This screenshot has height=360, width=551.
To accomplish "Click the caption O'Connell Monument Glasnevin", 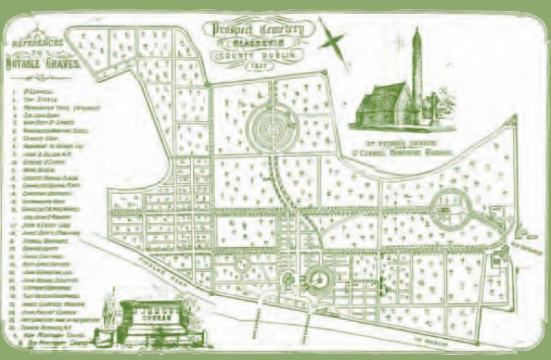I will pos(412,154).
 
